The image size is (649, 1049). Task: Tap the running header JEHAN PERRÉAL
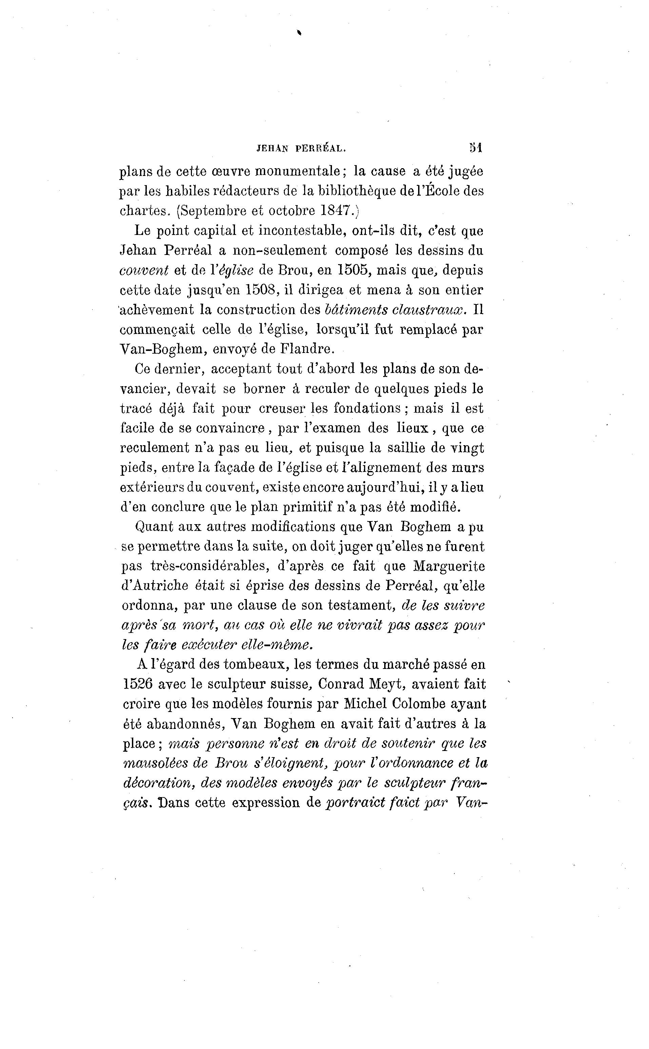click(x=301, y=149)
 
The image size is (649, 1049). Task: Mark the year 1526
click(x=137, y=684)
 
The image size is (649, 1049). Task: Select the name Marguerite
click(x=449, y=566)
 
